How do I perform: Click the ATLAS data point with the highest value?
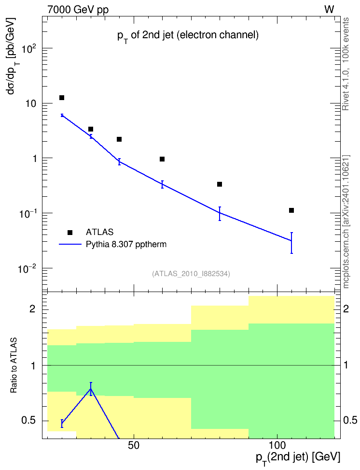point(62,98)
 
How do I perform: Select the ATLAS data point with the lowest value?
point(291,210)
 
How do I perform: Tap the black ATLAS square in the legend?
point(70,232)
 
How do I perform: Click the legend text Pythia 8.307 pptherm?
point(126,244)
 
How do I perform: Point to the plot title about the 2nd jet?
point(188,36)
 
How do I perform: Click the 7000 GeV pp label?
point(78,10)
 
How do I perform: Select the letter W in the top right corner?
point(329,10)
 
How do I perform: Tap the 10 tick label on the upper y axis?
point(30,103)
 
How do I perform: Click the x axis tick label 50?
point(134,445)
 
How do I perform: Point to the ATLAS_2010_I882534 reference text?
point(191,274)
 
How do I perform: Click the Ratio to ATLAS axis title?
point(14,366)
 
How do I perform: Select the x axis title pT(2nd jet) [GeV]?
point(298,458)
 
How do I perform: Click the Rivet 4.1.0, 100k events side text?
point(346,64)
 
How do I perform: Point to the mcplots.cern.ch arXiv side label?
point(346,221)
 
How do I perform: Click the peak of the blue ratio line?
point(91,389)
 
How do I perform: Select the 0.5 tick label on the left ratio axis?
point(28,421)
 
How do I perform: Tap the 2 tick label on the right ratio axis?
point(346,309)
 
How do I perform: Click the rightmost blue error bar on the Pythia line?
point(291,243)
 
